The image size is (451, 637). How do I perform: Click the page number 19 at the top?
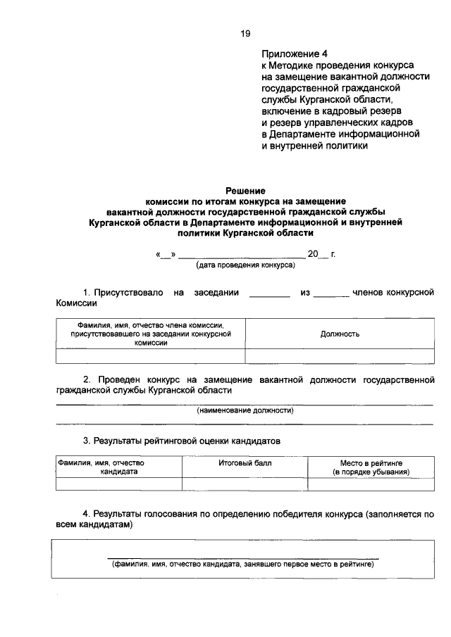coord(244,32)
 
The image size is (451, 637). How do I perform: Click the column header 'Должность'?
coord(340,334)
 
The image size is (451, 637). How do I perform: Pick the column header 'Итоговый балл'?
coord(245,463)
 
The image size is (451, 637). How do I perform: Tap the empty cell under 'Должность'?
coord(340,355)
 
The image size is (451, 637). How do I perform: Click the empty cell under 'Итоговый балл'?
coord(245,484)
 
